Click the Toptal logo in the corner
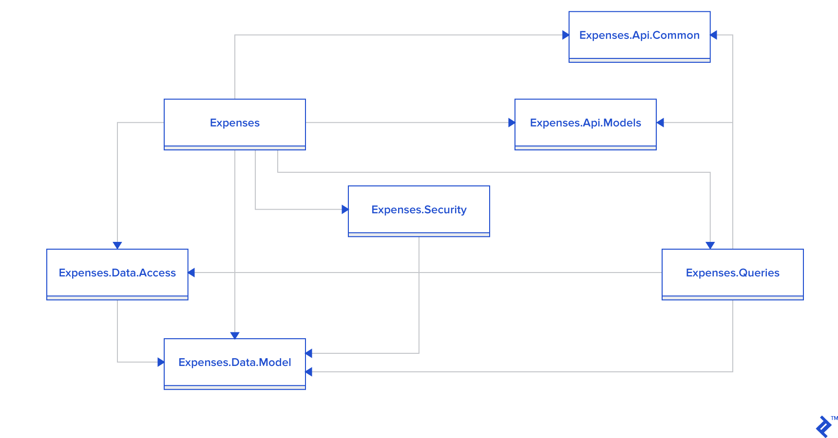pos(824,427)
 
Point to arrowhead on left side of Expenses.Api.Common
pos(565,35)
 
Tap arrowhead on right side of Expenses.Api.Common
pos(714,35)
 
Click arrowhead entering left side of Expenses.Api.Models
pos(511,123)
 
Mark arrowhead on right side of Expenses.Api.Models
pos(660,123)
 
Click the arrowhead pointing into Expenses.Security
pos(345,209)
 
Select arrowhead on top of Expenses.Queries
pos(710,245)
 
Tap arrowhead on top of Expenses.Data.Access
pos(117,245)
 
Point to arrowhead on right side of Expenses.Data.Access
pos(191,273)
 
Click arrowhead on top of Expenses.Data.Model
pos(235,335)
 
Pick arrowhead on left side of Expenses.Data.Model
pos(161,362)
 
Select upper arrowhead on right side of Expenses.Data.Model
pos(309,353)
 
